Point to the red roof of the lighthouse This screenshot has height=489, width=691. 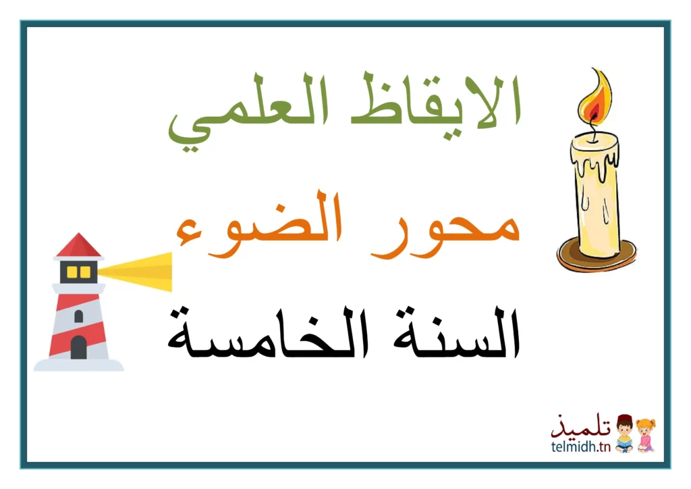[x=78, y=245]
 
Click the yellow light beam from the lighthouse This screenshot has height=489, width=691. [x=135, y=271]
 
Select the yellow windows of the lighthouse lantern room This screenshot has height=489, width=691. [x=78, y=272]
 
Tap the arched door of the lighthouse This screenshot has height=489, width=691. [x=78, y=347]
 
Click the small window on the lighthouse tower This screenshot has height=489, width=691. [x=78, y=316]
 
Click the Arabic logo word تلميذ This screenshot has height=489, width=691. [x=581, y=426]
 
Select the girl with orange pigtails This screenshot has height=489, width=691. [x=646, y=435]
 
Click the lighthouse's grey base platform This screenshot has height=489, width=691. [x=78, y=365]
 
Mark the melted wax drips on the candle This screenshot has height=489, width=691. [x=595, y=164]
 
